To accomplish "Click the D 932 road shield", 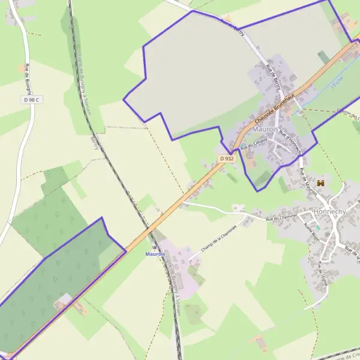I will pyautogui.click(x=226, y=158).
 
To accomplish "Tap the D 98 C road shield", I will pyautogui.click(x=31, y=100).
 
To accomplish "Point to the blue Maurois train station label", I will pyautogui.click(x=155, y=254).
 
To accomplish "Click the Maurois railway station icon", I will pyautogui.click(x=155, y=247).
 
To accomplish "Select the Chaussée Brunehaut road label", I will pyautogui.click(x=277, y=108).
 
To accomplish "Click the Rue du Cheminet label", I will pyautogui.click(x=282, y=219).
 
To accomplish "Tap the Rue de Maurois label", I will pyautogui.click(x=307, y=180).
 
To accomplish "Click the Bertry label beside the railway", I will pyautogui.click(x=94, y=143).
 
